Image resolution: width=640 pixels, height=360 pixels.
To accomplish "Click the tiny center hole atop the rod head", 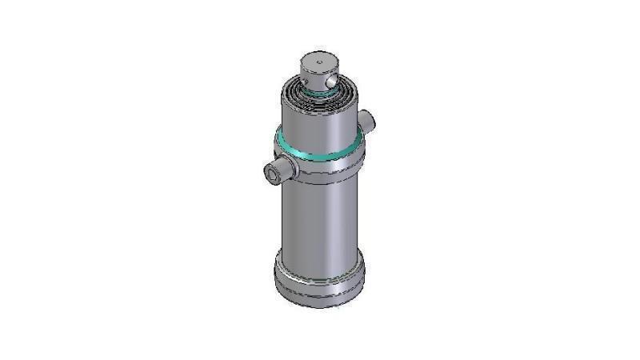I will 318,60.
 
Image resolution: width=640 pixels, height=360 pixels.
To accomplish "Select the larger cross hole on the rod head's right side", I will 328,80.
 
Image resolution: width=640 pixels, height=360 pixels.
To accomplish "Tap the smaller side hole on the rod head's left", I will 306,78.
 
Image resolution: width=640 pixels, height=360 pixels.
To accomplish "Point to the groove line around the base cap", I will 319,277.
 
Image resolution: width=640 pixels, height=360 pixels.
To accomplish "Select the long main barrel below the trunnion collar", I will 319,216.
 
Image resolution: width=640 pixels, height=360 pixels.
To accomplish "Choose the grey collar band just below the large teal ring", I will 319,166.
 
